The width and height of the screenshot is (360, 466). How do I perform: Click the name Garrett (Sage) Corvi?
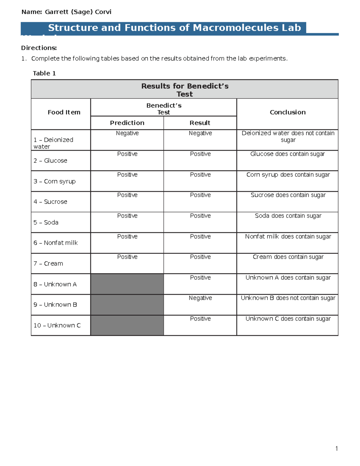[78, 12]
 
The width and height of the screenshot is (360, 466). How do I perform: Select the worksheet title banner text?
[174, 28]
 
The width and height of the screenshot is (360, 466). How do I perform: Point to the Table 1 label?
[44, 74]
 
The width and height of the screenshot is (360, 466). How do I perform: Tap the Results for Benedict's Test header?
[185, 90]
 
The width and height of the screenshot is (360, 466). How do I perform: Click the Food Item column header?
[64, 112]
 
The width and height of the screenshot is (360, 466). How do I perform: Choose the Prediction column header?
[127, 123]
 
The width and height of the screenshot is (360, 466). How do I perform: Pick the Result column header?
[200, 123]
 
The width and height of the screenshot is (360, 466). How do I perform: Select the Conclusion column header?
[287, 112]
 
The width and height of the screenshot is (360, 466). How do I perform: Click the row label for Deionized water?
[53, 143]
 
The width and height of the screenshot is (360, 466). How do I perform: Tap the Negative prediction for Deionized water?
[127, 133]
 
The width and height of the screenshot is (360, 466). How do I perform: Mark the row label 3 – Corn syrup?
[55, 181]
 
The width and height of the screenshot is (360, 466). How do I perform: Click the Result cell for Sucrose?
[200, 195]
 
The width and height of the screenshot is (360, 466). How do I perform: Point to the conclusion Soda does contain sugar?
[288, 216]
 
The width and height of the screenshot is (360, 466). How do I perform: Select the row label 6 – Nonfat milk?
[55, 243]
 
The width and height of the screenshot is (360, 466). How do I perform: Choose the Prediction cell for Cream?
[127, 257]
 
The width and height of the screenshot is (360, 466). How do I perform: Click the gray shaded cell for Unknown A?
[127, 284]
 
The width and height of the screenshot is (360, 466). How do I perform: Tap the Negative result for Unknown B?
[200, 298]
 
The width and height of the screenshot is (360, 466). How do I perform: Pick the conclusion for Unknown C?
[288, 319]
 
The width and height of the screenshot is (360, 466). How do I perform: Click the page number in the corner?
[337, 449]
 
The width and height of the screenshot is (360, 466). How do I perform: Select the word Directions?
[39, 48]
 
